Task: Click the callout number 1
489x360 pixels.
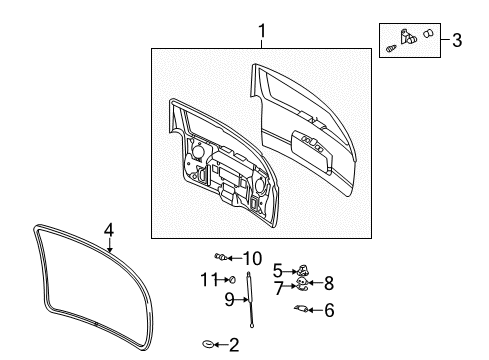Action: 261,31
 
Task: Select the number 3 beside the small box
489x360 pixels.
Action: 456,40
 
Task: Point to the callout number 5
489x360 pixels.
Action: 278,268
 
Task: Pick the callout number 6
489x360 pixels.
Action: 329,310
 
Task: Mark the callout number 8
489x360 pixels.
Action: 327,283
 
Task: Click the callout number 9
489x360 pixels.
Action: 229,298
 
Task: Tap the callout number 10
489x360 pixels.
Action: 252,257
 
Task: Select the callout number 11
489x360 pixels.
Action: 210,278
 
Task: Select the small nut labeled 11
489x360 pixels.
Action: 231,278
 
